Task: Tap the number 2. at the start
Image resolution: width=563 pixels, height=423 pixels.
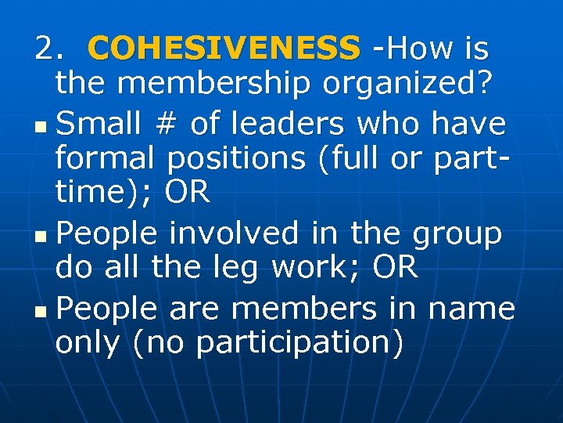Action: [x=52, y=49]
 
